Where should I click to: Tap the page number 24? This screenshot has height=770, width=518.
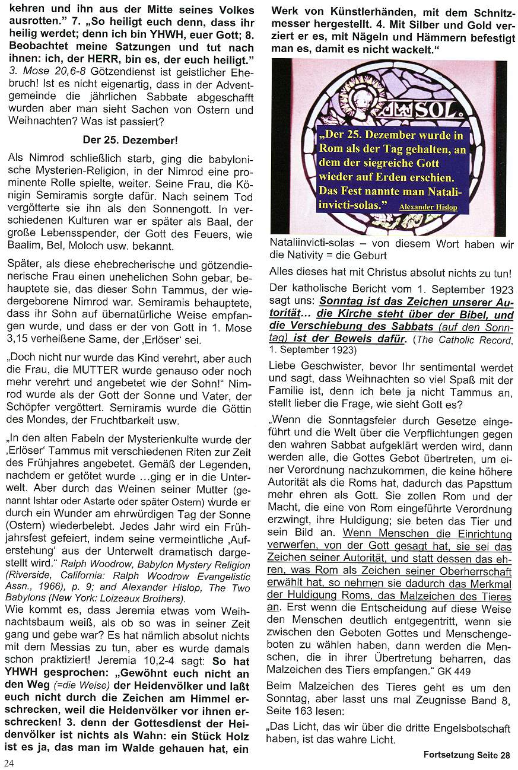[9, 762]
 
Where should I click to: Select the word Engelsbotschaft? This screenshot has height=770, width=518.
[472, 728]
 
